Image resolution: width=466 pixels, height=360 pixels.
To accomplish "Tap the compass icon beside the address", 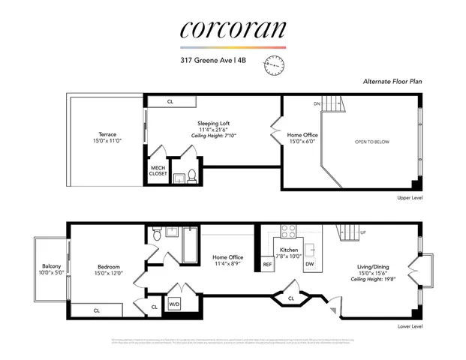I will point(275,67).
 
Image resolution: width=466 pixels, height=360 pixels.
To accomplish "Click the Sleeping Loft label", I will point(213,123).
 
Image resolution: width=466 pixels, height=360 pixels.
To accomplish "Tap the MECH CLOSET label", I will point(158,170).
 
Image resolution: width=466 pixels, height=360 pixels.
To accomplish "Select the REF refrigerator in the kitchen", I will point(267,265).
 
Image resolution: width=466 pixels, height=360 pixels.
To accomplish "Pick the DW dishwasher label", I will point(310,264).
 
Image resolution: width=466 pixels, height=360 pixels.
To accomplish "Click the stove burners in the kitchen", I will point(289,231).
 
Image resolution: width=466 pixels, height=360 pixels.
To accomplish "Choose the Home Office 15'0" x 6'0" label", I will point(302,139).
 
